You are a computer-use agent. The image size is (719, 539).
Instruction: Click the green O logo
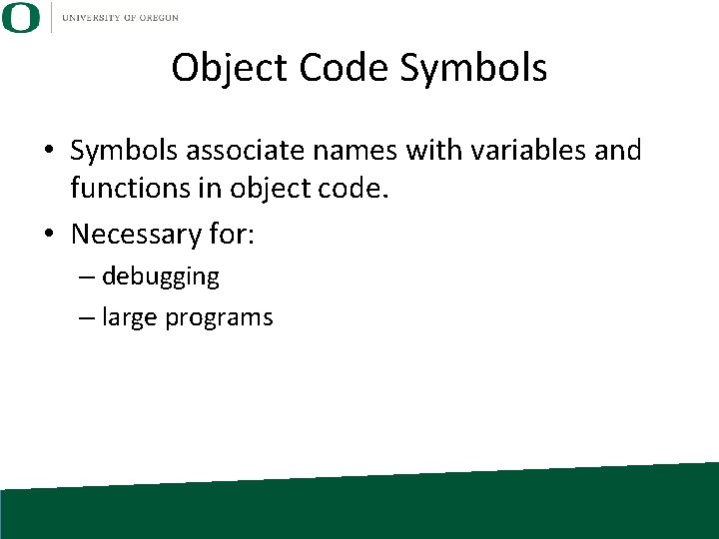pos(21,17)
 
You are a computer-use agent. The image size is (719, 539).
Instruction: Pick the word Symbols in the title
pos(473,68)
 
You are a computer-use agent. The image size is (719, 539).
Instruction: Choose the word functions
pos(128,187)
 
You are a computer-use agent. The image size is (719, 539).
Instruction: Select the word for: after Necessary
pos(233,235)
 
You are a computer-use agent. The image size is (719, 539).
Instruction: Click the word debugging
pos(161,276)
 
